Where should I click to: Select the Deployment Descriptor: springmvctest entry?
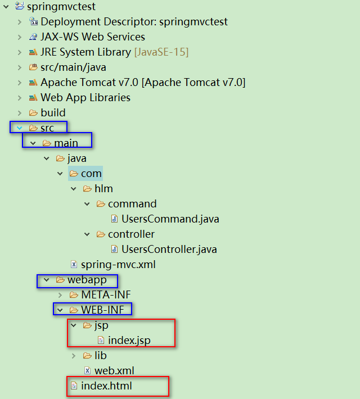tap(134, 22)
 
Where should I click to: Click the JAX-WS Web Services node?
tap(92, 37)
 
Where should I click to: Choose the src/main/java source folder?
tap(73, 67)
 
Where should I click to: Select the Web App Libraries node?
tap(85, 98)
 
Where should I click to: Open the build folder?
tap(53, 113)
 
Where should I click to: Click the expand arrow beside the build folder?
tap(20, 113)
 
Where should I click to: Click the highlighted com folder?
tap(91, 174)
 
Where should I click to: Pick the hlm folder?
tap(103, 189)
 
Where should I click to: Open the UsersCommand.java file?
tap(170, 219)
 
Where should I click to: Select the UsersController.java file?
tap(169, 250)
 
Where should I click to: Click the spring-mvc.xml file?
tap(118, 265)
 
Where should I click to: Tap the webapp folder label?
tap(87, 280)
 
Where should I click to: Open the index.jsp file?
tap(129, 341)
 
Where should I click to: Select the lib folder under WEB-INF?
tap(100, 356)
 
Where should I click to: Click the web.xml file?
tap(114, 371)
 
